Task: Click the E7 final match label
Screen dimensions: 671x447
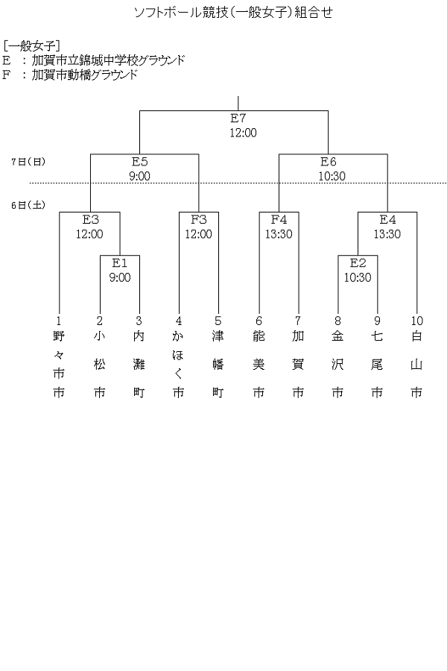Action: [238, 119]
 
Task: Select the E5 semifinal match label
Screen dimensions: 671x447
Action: [140, 161]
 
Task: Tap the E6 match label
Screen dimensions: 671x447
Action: [329, 161]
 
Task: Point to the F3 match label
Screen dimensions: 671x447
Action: [198, 219]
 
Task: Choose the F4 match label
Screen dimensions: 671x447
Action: [279, 219]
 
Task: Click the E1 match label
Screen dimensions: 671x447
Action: [120, 262]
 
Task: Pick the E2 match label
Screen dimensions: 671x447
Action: [358, 262]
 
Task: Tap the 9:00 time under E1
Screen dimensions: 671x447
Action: [120, 277]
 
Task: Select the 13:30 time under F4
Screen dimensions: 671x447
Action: [279, 233]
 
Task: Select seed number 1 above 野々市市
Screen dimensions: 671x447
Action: [60, 321]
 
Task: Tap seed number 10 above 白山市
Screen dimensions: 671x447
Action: [416, 321]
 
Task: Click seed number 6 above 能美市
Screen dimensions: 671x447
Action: [259, 321]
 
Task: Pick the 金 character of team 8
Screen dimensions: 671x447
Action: [337, 336]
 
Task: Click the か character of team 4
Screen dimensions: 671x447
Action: [178, 336]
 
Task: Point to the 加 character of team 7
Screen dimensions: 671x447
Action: [298, 336]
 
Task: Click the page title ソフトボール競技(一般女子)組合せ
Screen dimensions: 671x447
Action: [223, 12]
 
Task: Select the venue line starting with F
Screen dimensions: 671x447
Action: [71, 75]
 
